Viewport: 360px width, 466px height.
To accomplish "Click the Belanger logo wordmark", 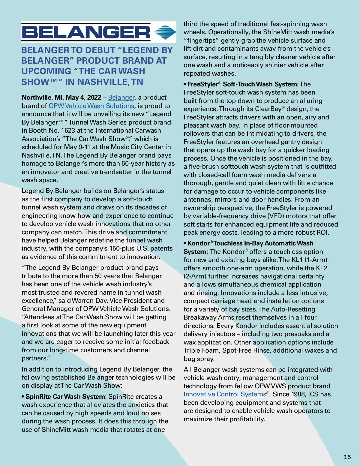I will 86,32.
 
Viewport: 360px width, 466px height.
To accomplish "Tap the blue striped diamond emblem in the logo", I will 165,32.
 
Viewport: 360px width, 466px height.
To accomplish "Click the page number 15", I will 347,457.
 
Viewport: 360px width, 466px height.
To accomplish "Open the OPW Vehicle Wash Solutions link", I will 91,106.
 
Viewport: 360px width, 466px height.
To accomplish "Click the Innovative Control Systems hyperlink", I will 225,394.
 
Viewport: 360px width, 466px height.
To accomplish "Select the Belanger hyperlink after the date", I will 121,98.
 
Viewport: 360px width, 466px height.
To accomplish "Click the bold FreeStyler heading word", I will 202,84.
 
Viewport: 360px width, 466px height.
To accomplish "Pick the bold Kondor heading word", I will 198,243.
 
